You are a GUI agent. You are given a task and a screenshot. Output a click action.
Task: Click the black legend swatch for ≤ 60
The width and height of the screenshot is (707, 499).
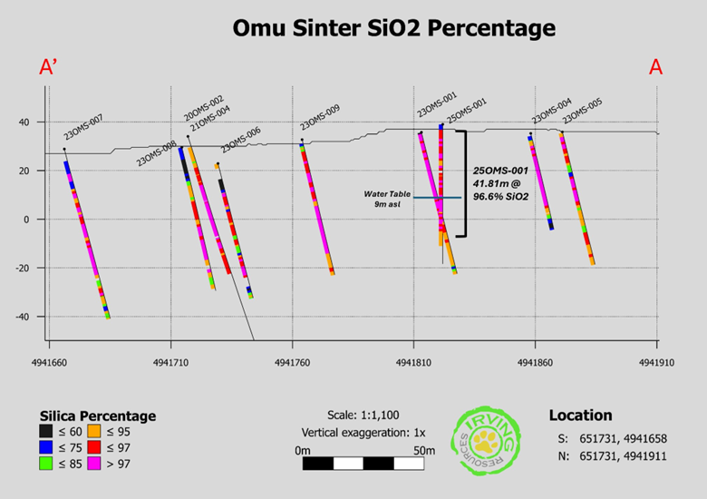click(46, 432)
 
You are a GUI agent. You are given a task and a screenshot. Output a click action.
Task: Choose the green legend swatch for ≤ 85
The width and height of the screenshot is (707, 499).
click(46, 465)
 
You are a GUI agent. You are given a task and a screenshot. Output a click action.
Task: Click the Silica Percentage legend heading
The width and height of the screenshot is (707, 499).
click(97, 416)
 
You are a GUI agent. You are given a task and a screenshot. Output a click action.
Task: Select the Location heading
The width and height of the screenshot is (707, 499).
click(580, 415)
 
